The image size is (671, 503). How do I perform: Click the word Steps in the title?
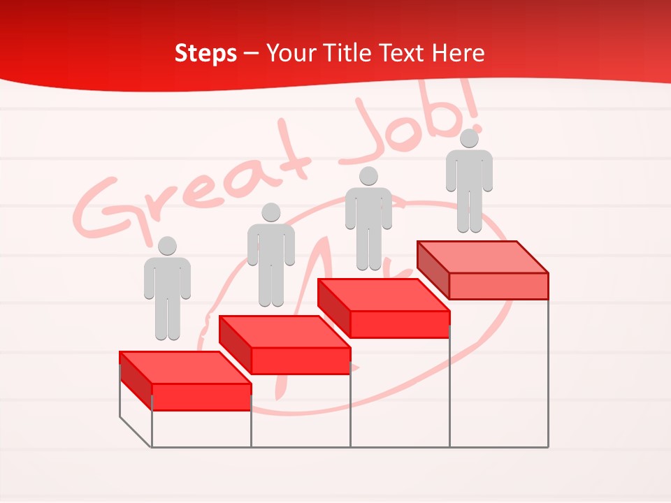click(x=205, y=53)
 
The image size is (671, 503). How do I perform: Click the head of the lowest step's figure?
click(x=167, y=246)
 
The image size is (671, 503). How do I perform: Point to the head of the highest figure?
click(x=469, y=138)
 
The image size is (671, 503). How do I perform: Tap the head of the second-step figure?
click(x=270, y=212)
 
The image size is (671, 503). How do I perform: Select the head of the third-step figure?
click(x=368, y=176)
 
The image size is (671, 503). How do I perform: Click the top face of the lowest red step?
click(x=185, y=367)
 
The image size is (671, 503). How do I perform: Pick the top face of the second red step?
click(x=284, y=331)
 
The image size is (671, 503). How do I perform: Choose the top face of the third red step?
click(x=383, y=295)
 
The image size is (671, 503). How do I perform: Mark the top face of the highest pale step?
click(x=482, y=257)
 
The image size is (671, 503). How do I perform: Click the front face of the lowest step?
click(x=201, y=397)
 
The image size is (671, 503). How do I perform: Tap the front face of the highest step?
click(x=498, y=286)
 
